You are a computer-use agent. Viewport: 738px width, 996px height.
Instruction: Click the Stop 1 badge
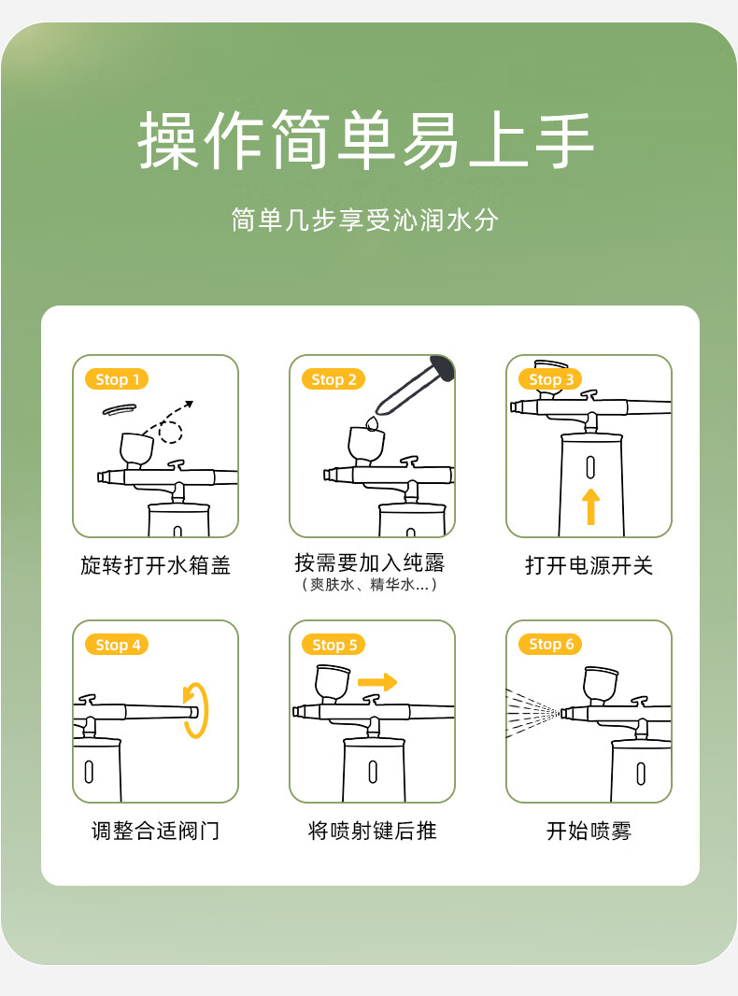pos(117,379)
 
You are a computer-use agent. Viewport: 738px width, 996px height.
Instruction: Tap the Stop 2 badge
pos(334,379)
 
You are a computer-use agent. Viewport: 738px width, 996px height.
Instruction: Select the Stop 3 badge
pos(550,379)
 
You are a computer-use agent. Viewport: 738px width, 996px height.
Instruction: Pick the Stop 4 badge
pos(117,645)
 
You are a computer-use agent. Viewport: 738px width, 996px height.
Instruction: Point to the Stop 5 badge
pos(334,645)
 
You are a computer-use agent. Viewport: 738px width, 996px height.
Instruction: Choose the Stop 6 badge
pos(550,644)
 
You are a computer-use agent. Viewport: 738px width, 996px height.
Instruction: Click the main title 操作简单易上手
pos(366,140)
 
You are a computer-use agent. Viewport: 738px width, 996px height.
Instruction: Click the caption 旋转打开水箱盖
pos(155,564)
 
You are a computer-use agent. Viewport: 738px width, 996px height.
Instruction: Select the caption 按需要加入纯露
pos(370,562)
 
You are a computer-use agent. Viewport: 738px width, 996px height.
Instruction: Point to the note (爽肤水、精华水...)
pos(369,584)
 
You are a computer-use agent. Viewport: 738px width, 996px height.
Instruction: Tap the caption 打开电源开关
pos(589,564)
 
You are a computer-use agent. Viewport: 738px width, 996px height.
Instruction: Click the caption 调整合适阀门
pos(155,831)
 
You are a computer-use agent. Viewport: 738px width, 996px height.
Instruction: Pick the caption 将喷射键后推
pos(372,831)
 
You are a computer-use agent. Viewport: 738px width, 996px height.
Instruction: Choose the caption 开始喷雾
pos(589,831)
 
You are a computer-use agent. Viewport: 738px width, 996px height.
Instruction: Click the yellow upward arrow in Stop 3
pos(590,506)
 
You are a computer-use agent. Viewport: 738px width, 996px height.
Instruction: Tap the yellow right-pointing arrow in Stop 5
pos(377,682)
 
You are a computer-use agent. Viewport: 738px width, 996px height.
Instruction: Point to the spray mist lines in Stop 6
pos(532,713)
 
